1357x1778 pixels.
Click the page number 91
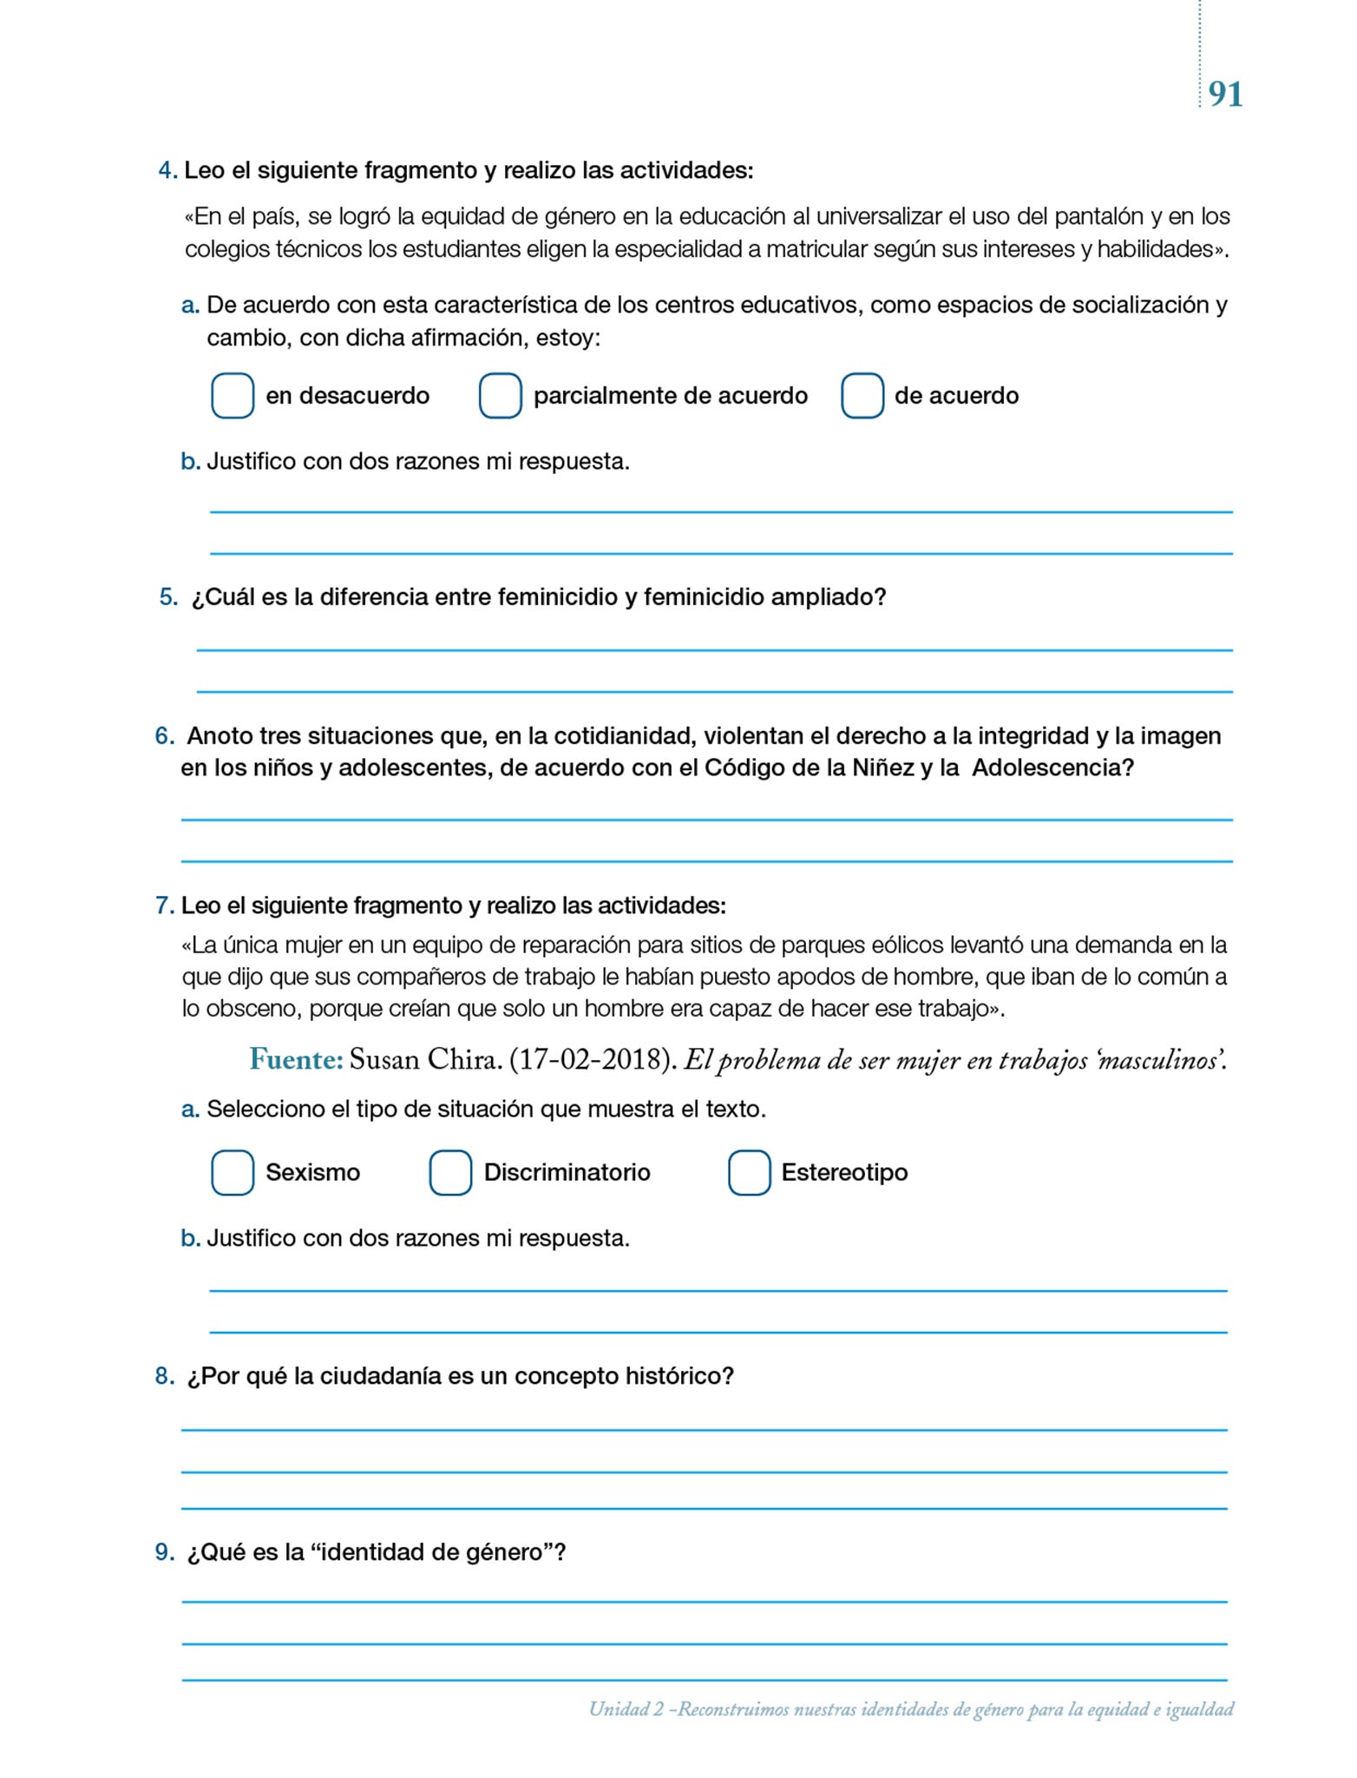(x=1225, y=94)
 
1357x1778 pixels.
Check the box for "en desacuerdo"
(x=233, y=396)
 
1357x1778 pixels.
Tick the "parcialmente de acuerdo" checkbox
(x=501, y=396)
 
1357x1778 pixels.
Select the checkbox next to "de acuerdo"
(x=862, y=396)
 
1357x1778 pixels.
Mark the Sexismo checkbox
(x=233, y=1173)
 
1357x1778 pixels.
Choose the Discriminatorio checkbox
(x=450, y=1173)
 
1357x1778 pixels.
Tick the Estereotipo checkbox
(x=750, y=1173)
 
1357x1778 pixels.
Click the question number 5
(x=167, y=597)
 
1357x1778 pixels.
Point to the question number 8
(x=164, y=1376)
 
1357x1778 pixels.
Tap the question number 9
(x=164, y=1552)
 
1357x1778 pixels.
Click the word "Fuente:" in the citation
(x=297, y=1059)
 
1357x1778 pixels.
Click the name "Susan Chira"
(x=425, y=1060)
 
